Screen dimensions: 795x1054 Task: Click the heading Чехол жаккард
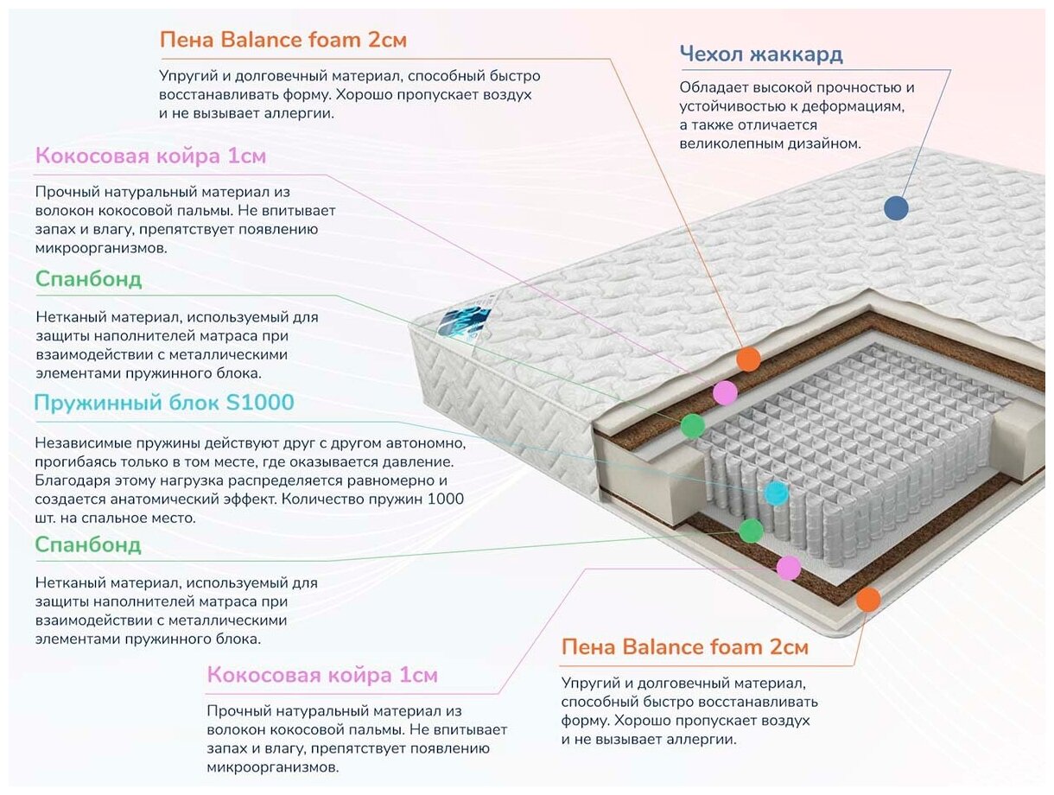(x=760, y=54)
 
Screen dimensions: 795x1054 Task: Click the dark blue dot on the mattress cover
(x=896, y=207)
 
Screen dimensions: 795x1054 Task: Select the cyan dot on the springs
(x=776, y=493)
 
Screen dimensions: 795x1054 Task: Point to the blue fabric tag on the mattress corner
(x=464, y=320)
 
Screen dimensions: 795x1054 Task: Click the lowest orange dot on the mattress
(x=867, y=599)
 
